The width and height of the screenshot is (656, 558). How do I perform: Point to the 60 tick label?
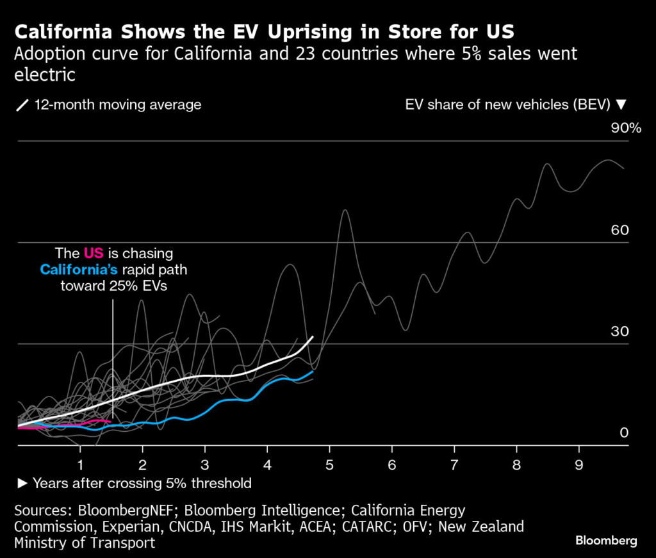point(619,230)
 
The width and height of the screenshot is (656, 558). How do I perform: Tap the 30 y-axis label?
point(619,331)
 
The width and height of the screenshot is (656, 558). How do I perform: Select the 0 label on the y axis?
point(624,433)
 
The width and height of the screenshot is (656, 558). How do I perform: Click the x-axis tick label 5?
point(329,463)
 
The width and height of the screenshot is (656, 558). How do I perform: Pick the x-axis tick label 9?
point(578,463)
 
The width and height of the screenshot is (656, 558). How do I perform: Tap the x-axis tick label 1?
point(80,463)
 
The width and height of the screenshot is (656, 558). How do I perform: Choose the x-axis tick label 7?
point(454,463)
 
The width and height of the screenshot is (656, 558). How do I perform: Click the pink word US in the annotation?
point(94,254)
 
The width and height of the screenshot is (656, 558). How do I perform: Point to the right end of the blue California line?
point(313,371)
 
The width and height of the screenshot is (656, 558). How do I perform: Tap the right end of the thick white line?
point(313,337)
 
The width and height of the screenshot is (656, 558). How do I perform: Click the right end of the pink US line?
point(110,422)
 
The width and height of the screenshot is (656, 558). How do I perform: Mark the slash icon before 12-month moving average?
point(23,105)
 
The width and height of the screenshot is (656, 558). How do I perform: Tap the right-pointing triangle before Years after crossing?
point(22,483)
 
